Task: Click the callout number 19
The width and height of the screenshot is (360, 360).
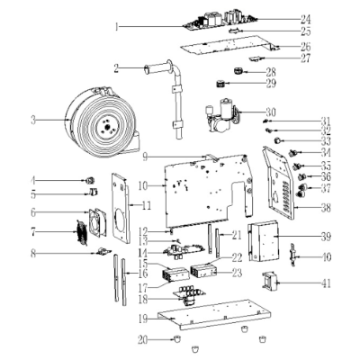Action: point(142,318)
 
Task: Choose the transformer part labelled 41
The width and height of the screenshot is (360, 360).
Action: point(269,283)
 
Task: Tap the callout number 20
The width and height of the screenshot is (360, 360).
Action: point(142,339)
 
